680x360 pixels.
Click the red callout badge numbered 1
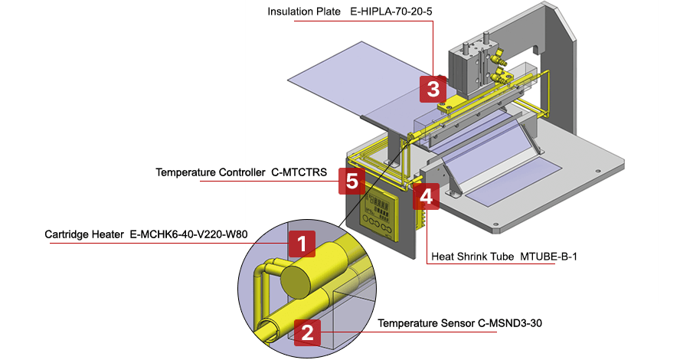302,244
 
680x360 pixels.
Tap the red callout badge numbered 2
307,332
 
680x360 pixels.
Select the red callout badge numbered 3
433,89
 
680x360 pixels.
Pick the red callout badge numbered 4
426,196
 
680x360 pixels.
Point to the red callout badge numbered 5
351,182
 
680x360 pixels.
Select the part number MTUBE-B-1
548,256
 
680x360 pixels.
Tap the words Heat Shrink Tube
473,256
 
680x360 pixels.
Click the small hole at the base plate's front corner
496,226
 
